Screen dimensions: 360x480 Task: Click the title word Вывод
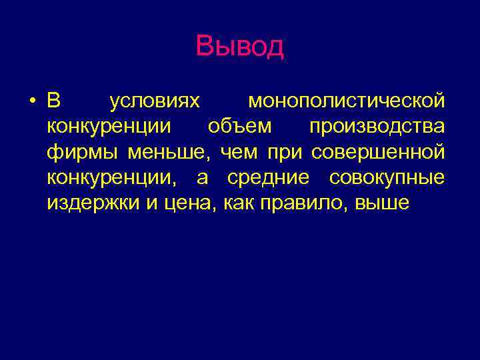[x=240, y=47]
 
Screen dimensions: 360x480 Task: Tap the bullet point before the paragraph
[x=32, y=102]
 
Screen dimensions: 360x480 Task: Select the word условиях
[x=154, y=101]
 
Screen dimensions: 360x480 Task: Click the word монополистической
[x=346, y=101]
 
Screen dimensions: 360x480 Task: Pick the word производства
[x=377, y=127]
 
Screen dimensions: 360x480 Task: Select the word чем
[x=240, y=153]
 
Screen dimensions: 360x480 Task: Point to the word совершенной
[x=378, y=153]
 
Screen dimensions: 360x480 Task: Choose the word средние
[x=269, y=178]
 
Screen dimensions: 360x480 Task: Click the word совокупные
[x=387, y=178]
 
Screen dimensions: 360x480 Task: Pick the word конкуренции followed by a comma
[x=113, y=178]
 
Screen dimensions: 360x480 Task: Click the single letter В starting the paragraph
[x=54, y=101]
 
